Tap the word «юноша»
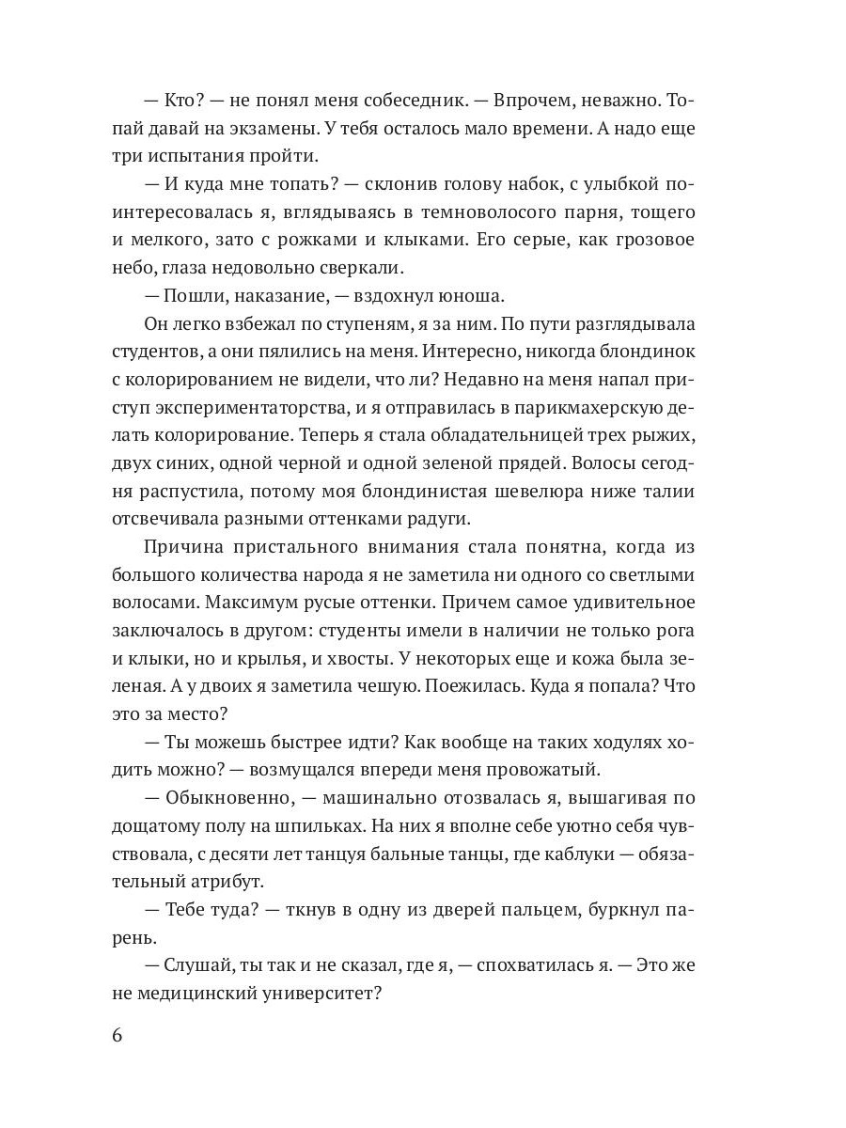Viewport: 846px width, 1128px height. [x=465, y=295]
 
